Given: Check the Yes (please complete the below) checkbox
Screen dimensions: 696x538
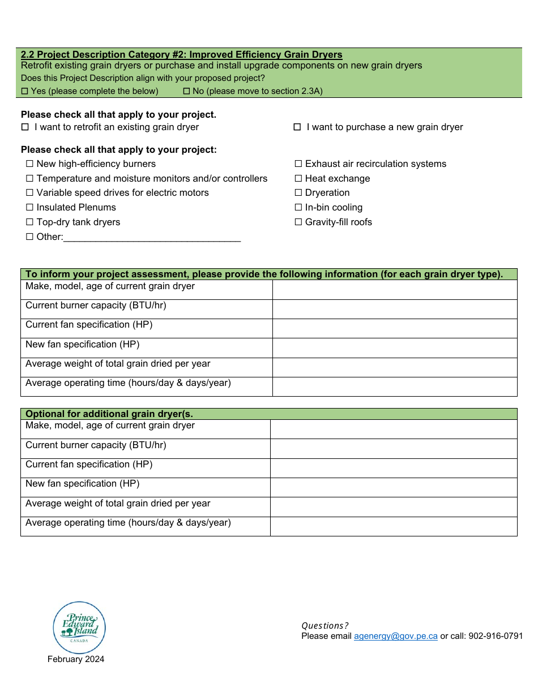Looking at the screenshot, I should tap(24, 91).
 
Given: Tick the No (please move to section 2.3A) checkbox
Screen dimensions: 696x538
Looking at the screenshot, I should tap(186, 91).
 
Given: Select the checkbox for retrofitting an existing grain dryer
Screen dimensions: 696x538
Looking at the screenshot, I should tap(25, 127).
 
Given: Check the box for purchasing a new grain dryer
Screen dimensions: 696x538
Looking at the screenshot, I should tap(297, 127).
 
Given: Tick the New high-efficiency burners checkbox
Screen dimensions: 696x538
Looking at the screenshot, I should tap(30, 164).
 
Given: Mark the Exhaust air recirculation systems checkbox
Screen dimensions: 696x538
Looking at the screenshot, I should tap(298, 164).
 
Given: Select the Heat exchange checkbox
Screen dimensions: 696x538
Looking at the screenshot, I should tap(298, 179).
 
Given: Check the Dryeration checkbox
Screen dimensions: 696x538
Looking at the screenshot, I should tap(298, 193).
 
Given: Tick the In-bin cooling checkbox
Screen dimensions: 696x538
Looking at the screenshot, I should tap(298, 208).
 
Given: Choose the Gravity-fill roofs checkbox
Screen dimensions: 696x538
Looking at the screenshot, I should tap(298, 222).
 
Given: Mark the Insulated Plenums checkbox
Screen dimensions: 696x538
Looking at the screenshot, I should tap(30, 208).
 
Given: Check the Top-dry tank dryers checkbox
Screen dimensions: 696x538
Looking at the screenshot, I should tap(30, 222).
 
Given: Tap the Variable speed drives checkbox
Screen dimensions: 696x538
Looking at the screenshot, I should tap(30, 193).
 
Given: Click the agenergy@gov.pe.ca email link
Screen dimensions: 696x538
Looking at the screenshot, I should tap(395, 636).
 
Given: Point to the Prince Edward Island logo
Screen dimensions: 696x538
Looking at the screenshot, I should tap(79, 628).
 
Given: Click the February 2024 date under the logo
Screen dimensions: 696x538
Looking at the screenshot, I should tap(76, 659).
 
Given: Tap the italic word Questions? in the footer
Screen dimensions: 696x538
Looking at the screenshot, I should tap(325, 626).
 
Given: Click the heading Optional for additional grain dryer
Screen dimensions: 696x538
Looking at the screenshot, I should tap(109, 414).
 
